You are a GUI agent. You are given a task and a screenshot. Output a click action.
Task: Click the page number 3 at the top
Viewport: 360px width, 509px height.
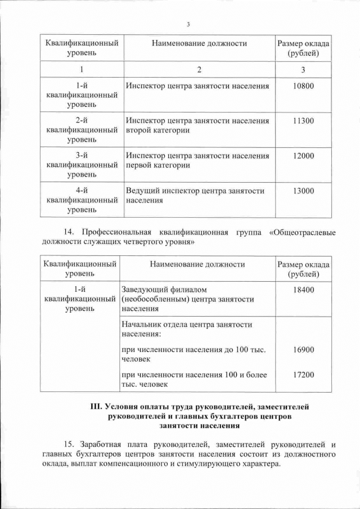pos(188,24)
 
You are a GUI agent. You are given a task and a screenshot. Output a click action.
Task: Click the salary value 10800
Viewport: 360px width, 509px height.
pos(303,86)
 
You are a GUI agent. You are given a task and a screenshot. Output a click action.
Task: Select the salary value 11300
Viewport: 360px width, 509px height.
pos(303,121)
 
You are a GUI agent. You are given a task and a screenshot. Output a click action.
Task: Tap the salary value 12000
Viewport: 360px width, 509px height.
pos(303,156)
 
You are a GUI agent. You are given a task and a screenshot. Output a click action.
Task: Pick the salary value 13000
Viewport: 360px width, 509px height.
pos(303,191)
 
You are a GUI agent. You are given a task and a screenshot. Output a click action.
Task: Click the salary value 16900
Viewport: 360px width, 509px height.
pos(303,349)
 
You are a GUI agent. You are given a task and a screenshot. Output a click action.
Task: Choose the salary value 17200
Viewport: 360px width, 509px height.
pos(303,375)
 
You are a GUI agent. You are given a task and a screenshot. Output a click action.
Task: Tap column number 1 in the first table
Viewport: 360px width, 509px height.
pos(82,70)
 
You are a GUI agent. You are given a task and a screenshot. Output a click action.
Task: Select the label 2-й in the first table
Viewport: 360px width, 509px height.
pos(82,121)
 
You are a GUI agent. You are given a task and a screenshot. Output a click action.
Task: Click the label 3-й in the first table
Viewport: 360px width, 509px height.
pos(82,156)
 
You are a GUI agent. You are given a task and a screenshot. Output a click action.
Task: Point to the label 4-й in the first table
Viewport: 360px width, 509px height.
pos(82,191)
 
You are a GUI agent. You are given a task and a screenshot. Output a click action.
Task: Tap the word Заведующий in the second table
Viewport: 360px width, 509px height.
pos(147,289)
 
